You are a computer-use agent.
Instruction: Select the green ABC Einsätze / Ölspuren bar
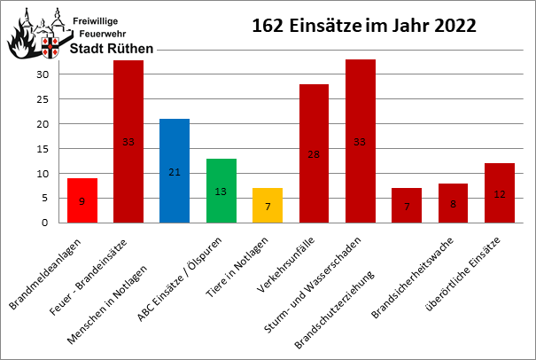coord(221,190)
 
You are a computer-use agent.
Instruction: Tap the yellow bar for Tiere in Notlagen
coord(267,205)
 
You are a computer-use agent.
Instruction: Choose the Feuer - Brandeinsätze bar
coord(128,141)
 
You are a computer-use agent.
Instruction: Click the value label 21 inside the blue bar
coord(175,171)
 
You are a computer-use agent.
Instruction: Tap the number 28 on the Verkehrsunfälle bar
coord(314,154)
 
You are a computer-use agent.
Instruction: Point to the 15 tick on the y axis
coord(42,148)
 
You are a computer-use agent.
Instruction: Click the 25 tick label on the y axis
coord(42,99)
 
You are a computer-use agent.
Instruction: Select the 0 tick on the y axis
coord(44,223)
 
